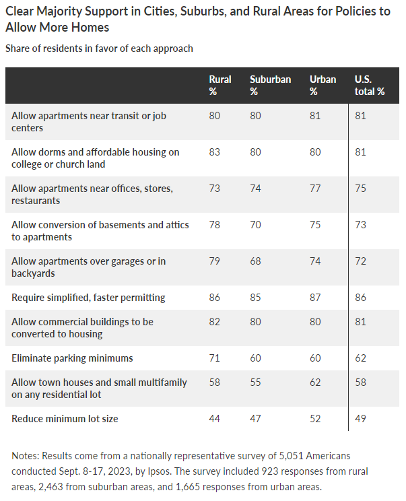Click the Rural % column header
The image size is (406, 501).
tap(220, 86)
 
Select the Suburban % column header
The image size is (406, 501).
tap(270, 86)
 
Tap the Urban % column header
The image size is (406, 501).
tap(323, 86)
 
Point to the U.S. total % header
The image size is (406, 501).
tap(369, 86)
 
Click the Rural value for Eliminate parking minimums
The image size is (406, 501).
tap(215, 358)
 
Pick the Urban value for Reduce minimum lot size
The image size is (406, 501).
tap(315, 419)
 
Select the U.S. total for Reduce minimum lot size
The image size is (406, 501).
tap(360, 419)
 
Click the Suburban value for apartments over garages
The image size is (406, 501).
tap(255, 262)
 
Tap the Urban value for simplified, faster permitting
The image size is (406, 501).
tap(315, 298)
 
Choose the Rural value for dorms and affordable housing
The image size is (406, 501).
tap(215, 152)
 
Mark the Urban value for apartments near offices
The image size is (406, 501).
tap(315, 189)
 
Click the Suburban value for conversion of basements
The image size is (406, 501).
tap(255, 225)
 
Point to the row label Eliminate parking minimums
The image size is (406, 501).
tap(72, 358)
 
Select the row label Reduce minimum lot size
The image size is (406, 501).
tap(65, 419)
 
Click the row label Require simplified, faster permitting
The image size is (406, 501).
tap(88, 298)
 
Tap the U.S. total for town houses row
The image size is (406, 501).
tap(360, 382)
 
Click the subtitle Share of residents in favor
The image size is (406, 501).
tap(99, 48)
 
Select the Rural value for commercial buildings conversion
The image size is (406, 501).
tap(215, 322)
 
